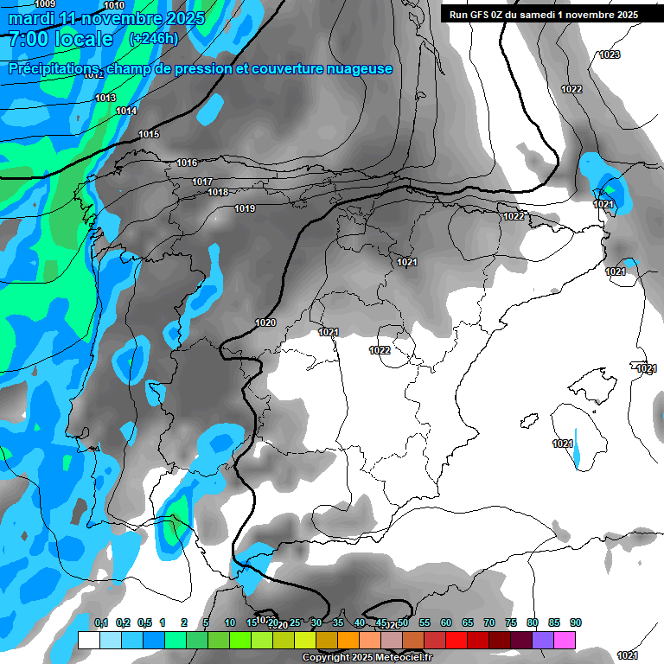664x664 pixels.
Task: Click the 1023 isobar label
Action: point(610,54)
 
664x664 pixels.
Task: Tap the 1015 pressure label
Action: point(149,134)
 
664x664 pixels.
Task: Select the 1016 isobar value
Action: point(187,163)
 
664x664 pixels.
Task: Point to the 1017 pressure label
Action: point(202,182)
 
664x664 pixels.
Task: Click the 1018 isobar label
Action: point(218,192)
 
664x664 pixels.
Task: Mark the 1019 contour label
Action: point(245,208)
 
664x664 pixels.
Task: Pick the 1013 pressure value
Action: point(105,98)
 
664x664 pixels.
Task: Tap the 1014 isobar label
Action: point(126,111)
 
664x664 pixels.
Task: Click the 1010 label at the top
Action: point(114,5)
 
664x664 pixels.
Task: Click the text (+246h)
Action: point(153,39)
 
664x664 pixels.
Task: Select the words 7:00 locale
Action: point(61,39)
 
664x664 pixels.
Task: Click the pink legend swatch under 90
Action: point(565,640)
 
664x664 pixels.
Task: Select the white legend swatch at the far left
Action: point(88,640)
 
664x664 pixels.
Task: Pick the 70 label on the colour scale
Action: point(489,622)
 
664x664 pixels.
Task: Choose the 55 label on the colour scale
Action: point(425,622)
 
